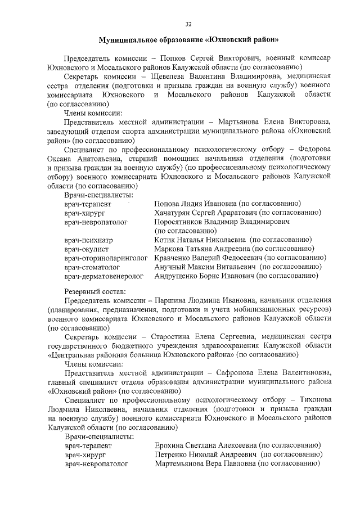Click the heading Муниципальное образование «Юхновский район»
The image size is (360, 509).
188,40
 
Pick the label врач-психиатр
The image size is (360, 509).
89,240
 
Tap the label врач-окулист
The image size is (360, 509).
87,249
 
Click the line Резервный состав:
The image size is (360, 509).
96,291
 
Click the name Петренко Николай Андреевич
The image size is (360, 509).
205,454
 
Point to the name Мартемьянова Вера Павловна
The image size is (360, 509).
205,463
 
